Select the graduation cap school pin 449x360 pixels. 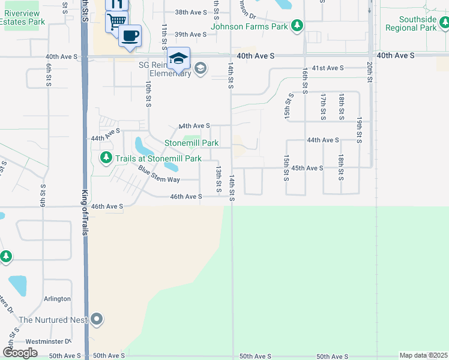(178, 58)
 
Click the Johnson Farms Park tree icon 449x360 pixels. (297, 25)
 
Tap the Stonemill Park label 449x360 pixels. (191, 143)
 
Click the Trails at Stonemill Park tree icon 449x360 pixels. (106, 158)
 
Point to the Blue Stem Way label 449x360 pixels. (158, 175)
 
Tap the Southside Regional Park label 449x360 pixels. (418, 23)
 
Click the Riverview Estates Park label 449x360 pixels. (23, 17)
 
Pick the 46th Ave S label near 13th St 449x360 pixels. (186, 197)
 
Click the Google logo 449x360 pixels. (20, 353)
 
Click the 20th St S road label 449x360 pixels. (370, 71)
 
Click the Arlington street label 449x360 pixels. (57, 299)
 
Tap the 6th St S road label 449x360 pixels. (47, 75)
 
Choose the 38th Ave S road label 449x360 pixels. (190, 12)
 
